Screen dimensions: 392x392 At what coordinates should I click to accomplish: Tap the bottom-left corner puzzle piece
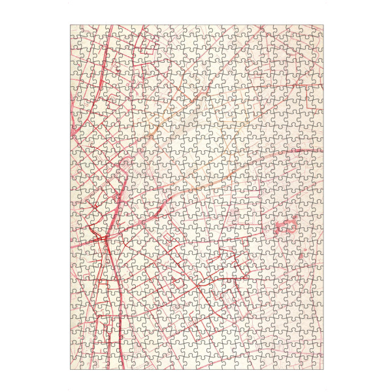76,363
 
